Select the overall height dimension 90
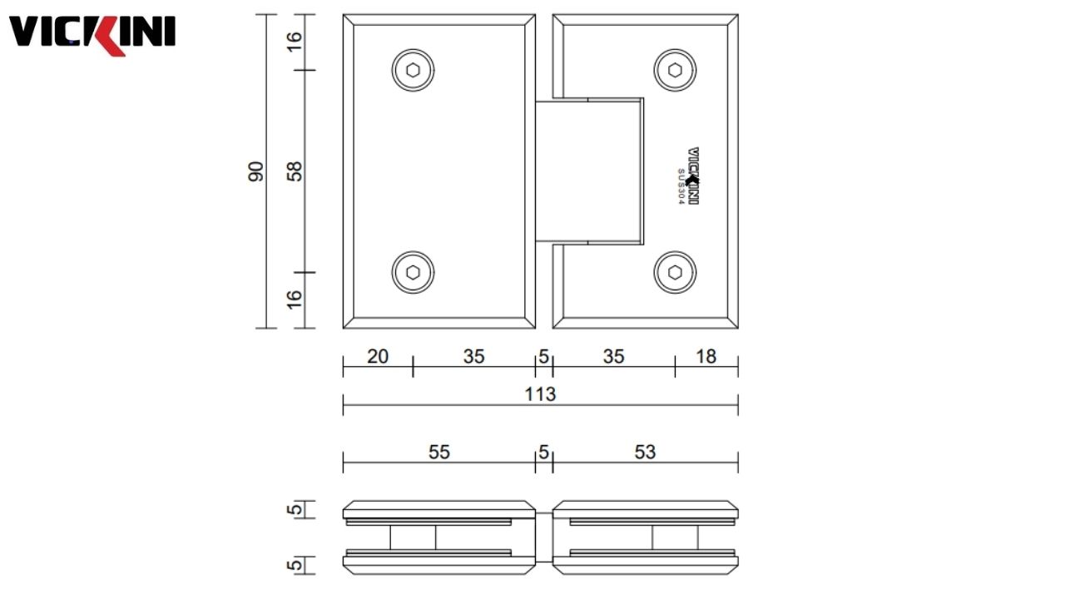(255, 171)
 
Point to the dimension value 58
(294, 171)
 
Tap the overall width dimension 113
(540, 394)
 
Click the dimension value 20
(378, 357)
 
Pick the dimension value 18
(706, 357)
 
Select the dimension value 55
(439, 452)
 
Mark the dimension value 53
(645, 452)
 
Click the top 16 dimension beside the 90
(294, 41)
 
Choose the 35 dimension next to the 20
(473, 357)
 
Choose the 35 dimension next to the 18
(613, 357)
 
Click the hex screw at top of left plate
(414, 70)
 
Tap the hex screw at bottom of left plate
(414, 272)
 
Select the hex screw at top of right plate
(676, 70)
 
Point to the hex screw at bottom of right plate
(676, 272)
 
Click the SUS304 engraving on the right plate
(681, 188)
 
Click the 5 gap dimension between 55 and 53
(543, 452)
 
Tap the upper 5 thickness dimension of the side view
(294, 509)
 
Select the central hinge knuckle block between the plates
(589, 171)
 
